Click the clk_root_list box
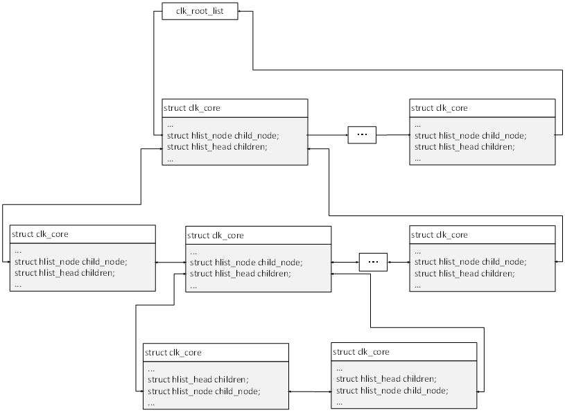coord(200,12)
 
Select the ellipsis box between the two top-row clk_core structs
coord(361,134)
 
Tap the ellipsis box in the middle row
coord(373,262)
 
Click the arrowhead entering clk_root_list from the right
coord(241,12)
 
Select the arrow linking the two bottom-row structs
coord(310,391)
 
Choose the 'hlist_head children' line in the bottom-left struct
coord(198,380)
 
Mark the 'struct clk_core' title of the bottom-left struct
coord(173,353)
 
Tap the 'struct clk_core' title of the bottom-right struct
coord(361,352)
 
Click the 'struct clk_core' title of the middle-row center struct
coord(216,236)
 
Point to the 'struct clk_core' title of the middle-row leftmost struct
coord(40,234)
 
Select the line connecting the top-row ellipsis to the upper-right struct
coord(392,134)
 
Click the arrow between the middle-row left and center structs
coord(171,263)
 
